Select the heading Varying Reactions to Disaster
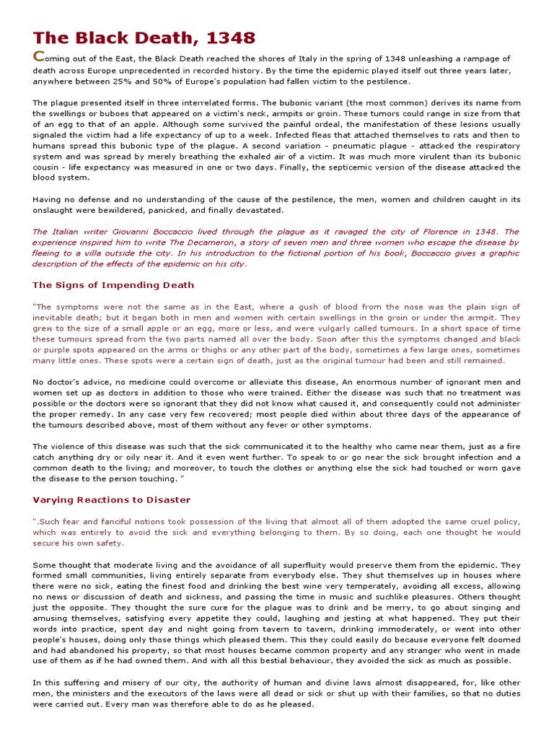(x=112, y=499)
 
